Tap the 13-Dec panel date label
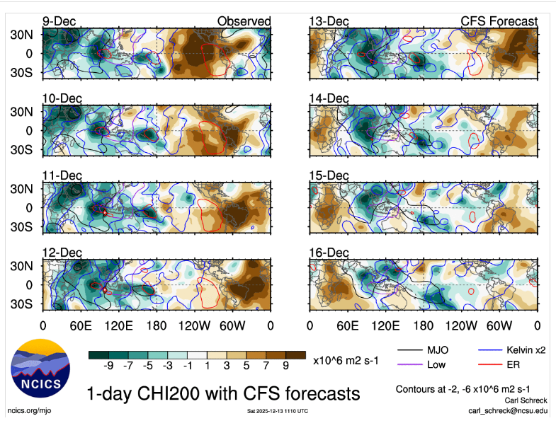(x=329, y=21)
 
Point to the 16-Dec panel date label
(x=329, y=253)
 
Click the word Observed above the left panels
(x=244, y=21)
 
